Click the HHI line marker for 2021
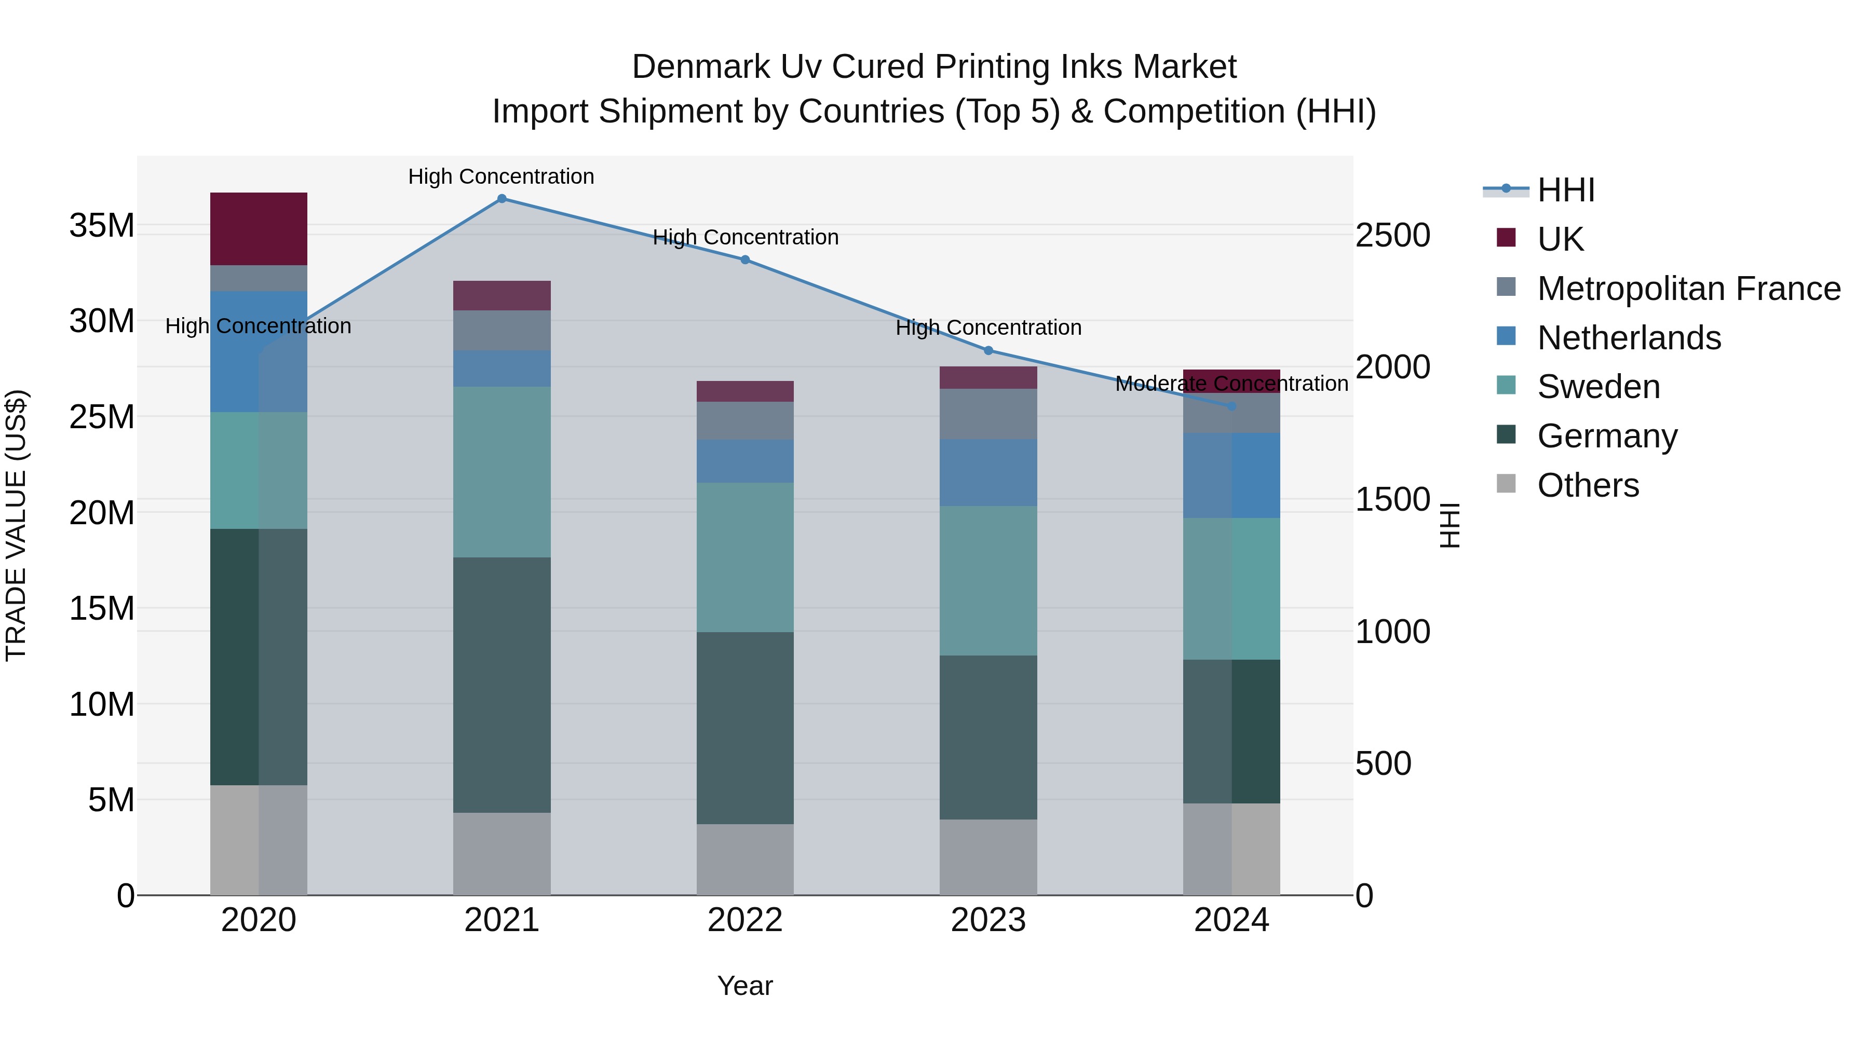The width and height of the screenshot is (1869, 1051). (502, 199)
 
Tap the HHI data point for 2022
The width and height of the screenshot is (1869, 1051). (745, 260)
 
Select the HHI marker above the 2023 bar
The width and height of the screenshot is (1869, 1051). (988, 351)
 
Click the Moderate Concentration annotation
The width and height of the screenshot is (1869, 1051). (1231, 384)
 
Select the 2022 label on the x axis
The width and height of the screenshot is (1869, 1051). (745, 920)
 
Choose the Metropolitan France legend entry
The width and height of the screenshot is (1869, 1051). (1688, 289)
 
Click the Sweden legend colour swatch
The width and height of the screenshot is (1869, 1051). (1506, 385)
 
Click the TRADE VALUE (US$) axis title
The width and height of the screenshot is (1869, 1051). (16, 525)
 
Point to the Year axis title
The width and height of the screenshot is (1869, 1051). (745, 986)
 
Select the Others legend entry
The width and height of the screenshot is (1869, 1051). (1588, 485)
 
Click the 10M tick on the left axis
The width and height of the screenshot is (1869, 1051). (102, 704)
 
